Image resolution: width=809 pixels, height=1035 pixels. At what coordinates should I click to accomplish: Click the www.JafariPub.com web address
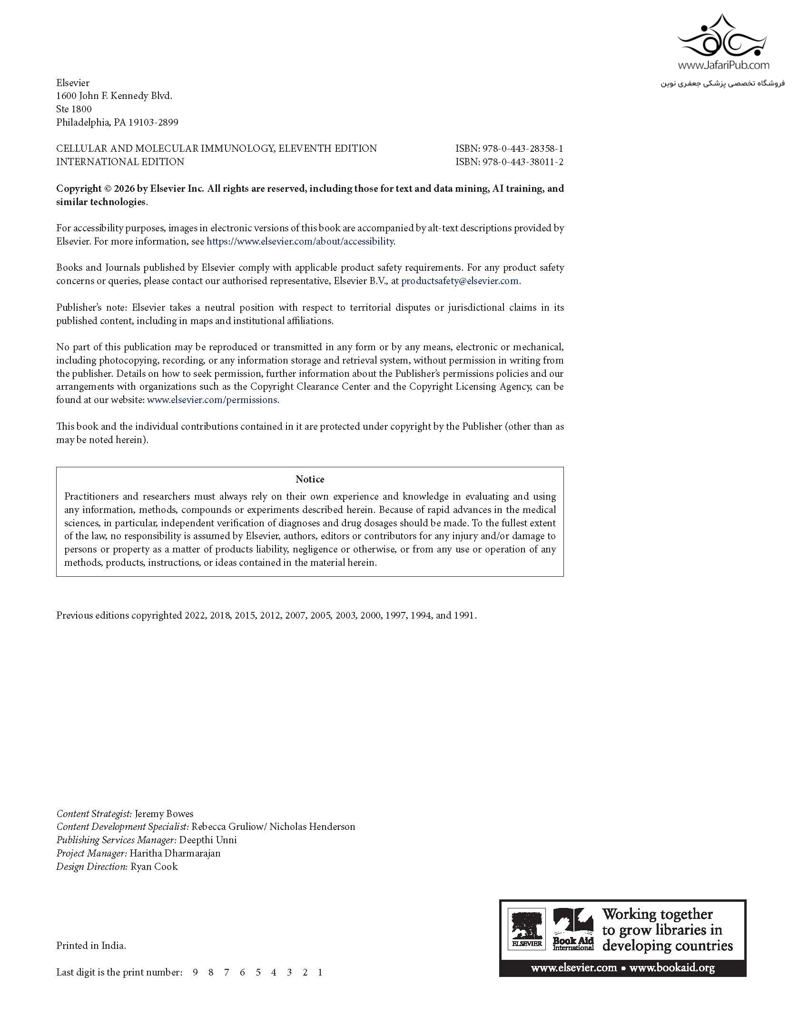tap(723, 65)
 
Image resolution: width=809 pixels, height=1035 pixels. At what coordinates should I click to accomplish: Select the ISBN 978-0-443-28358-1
tap(523, 148)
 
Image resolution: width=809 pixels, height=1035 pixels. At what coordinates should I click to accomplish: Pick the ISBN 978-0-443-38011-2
tap(523, 162)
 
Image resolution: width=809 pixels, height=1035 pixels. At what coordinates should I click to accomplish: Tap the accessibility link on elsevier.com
tap(300, 241)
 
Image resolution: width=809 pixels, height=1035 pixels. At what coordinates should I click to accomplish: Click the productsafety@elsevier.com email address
tap(460, 281)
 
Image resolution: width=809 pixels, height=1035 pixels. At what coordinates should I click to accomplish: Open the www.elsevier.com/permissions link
tap(212, 400)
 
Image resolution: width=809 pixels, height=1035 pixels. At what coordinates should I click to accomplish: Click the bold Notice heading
tap(310, 479)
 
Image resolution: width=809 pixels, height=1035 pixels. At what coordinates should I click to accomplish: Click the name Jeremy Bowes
tap(164, 814)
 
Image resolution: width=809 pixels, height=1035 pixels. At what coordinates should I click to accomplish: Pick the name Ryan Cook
tap(154, 867)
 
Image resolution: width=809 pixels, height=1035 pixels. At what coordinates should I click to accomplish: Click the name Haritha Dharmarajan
tap(175, 853)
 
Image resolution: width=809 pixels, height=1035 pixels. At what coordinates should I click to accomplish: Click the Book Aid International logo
tap(573, 929)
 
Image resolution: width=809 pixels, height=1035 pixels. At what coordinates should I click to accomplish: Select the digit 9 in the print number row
tap(195, 972)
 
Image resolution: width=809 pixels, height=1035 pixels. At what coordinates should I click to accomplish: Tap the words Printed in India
tap(91, 946)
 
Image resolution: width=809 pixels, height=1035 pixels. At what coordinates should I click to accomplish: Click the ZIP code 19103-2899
tap(153, 122)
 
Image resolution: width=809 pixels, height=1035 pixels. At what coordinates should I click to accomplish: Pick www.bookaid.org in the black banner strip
tap(672, 967)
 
